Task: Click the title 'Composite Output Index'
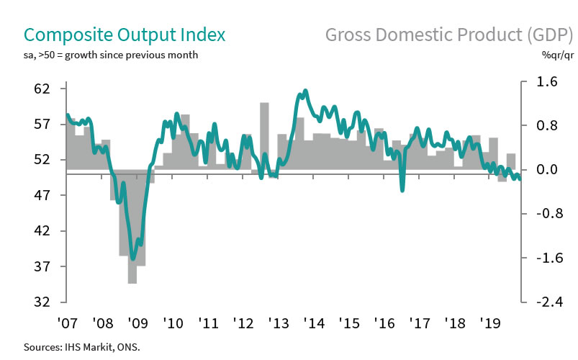125,35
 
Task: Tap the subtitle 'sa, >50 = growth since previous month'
112,55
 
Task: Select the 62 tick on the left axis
40,89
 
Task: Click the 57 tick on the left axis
40,125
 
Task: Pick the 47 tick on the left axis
40,195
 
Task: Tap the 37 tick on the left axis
40,266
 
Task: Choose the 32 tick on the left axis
40,302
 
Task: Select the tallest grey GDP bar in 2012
264,136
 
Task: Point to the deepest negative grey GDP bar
132,226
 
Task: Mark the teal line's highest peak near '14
305,91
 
